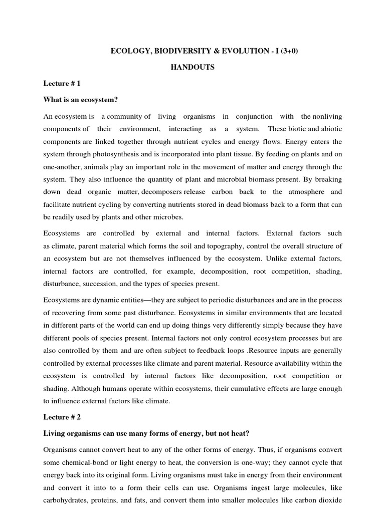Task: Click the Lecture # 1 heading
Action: (x=62, y=83)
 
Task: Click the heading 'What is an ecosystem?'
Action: (x=81, y=100)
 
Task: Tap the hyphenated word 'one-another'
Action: (x=62, y=167)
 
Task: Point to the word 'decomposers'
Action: (x=163, y=192)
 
